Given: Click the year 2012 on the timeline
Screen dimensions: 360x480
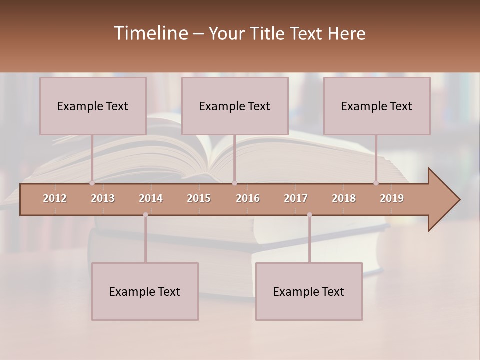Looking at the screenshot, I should click(x=55, y=198).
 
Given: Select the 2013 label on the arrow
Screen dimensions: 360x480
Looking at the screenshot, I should click(x=103, y=198).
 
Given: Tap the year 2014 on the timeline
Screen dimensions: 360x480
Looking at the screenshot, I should click(x=151, y=198).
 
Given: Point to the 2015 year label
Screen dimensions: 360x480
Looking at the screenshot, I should click(x=199, y=198).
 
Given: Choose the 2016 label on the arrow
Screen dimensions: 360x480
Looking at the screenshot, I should click(x=248, y=198).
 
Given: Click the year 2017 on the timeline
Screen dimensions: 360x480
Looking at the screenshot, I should click(x=296, y=198).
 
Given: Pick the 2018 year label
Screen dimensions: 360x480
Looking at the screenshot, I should click(x=344, y=198).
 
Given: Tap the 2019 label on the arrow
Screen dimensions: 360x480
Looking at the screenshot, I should click(x=392, y=198).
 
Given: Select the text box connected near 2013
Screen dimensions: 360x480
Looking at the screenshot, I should click(x=93, y=106).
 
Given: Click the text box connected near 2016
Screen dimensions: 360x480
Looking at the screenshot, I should click(x=235, y=106).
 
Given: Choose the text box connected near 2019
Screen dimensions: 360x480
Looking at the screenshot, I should click(x=377, y=106).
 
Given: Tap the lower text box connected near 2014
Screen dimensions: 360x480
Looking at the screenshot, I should click(x=145, y=291).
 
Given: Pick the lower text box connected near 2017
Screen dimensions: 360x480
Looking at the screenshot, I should click(x=309, y=291).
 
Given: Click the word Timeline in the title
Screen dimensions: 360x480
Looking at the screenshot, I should click(x=150, y=33).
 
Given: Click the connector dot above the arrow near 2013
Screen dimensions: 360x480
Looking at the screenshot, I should click(x=92, y=183).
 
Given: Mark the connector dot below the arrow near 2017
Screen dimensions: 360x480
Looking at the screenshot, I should click(x=309, y=215).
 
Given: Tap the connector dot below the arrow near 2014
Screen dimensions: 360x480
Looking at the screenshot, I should click(x=145, y=215).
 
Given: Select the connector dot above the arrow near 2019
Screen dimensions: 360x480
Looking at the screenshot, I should click(x=376, y=183).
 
